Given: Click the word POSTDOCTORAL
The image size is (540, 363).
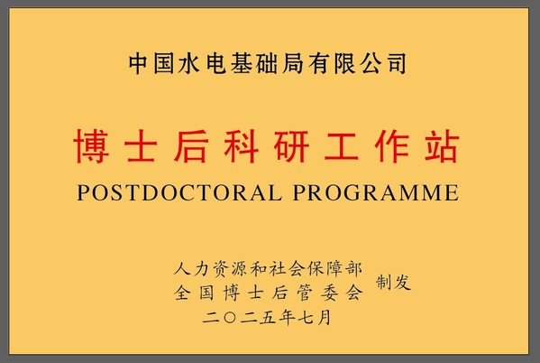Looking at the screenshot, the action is tap(179, 192).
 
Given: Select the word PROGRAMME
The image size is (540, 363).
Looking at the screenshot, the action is tap(376, 192).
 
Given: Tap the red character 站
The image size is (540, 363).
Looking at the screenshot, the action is tap(443, 146).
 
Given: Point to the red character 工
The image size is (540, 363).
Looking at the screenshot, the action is tap(342, 146).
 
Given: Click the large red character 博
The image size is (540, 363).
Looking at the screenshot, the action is tap(91, 146).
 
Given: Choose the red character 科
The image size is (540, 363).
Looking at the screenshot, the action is tap(241, 146).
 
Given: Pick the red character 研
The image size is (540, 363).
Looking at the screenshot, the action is tap(291, 146).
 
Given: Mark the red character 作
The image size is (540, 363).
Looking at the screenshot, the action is tap(392, 146).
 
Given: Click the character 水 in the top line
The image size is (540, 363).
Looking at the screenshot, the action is tap(189, 63).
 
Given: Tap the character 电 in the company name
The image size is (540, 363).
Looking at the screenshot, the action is tap(216, 63).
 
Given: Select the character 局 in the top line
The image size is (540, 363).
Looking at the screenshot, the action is tap(293, 63).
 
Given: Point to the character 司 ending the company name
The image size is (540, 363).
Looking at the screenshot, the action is tap(397, 63).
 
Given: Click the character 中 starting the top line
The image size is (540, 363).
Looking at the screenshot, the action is tap(139, 63).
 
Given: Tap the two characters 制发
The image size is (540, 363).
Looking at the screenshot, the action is tap(394, 282).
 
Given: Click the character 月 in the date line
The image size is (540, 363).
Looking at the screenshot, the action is tap(324, 318).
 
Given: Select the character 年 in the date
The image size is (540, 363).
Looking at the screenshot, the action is tap(286, 318).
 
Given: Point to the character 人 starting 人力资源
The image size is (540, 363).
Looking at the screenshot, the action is tap(182, 268).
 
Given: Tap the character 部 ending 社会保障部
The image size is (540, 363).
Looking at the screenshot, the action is tap(354, 268).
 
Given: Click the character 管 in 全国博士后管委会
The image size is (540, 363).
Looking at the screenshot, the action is tap(305, 293).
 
